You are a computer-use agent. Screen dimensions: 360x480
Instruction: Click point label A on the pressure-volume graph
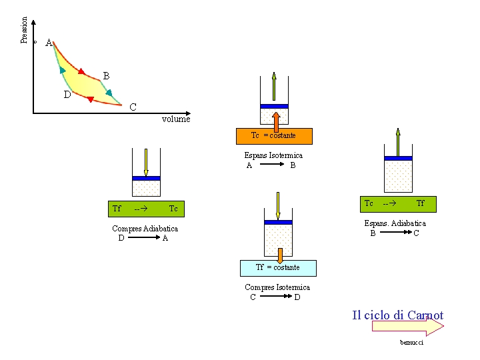point(49,43)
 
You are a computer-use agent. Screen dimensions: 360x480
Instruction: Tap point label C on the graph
point(133,107)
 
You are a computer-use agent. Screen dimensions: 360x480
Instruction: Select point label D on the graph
point(67,95)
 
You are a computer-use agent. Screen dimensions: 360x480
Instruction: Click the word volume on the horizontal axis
point(176,119)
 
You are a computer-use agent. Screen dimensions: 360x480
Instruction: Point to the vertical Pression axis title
point(25,31)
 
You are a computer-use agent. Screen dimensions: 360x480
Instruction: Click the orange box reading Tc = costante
point(274,136)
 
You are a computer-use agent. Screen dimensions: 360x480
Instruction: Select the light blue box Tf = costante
point(278,268)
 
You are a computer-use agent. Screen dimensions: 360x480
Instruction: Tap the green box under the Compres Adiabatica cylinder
point(146,209)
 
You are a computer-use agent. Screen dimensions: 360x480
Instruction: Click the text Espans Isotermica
point(273,155)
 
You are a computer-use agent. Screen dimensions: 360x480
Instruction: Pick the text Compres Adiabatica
point(145,229)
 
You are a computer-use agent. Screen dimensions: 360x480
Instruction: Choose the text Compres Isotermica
point(277,287)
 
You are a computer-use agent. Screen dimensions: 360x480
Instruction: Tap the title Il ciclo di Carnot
point(397,315)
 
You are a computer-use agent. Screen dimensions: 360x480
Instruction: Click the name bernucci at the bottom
point(411,342)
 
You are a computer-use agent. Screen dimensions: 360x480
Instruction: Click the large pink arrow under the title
point(407,327)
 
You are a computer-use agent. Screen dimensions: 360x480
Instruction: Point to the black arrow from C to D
point(275,297)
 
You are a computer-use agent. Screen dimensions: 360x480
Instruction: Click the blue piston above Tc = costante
point(274,106)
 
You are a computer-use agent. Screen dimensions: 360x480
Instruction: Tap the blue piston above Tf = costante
point(278,222)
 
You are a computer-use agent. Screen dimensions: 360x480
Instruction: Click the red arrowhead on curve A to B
point(82,71)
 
